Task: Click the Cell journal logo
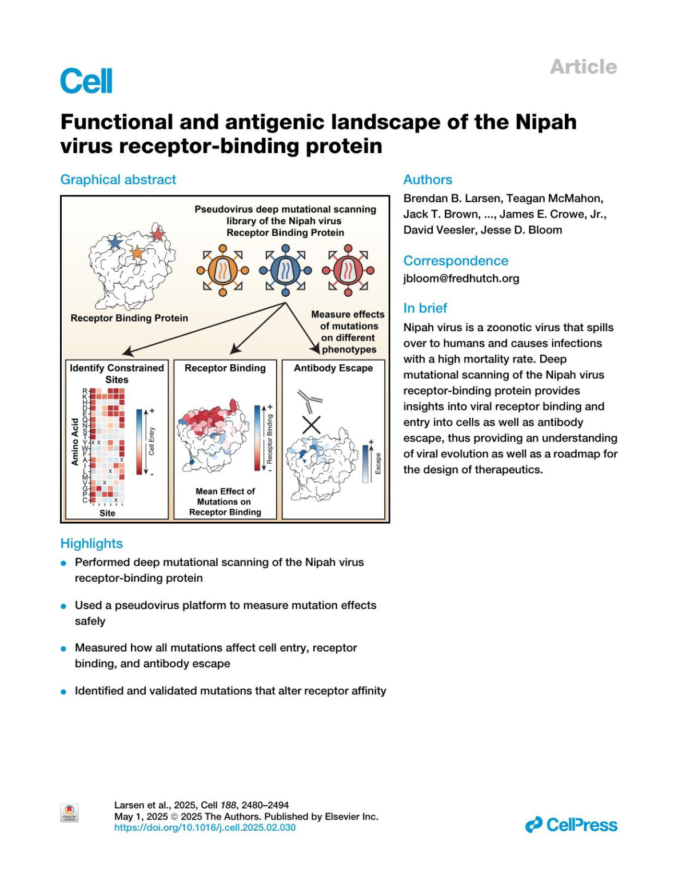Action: [x=86, y=81]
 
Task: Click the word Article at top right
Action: [x=583, y=67]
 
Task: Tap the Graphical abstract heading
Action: [x=118, y=180]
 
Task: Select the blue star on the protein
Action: [x=115, y=243]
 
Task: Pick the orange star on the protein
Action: [x=137, y=252]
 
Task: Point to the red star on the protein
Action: [x=157, y=234]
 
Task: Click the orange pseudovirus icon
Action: [x=223, y=270]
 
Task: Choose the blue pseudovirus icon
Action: [x=285, y=270]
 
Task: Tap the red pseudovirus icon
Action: [x=348, y=270]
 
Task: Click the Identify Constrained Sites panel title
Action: [x=117, y=373]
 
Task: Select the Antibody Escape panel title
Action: [x=333, y=368]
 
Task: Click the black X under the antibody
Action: [x=311, y=425]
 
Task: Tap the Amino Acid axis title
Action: [x=75, y=442]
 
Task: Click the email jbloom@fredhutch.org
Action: [x=461, y=279]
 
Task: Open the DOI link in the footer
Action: [x=205, y=827]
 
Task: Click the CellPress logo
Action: [x=571, y=825]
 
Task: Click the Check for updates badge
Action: [x=69, y=813]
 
